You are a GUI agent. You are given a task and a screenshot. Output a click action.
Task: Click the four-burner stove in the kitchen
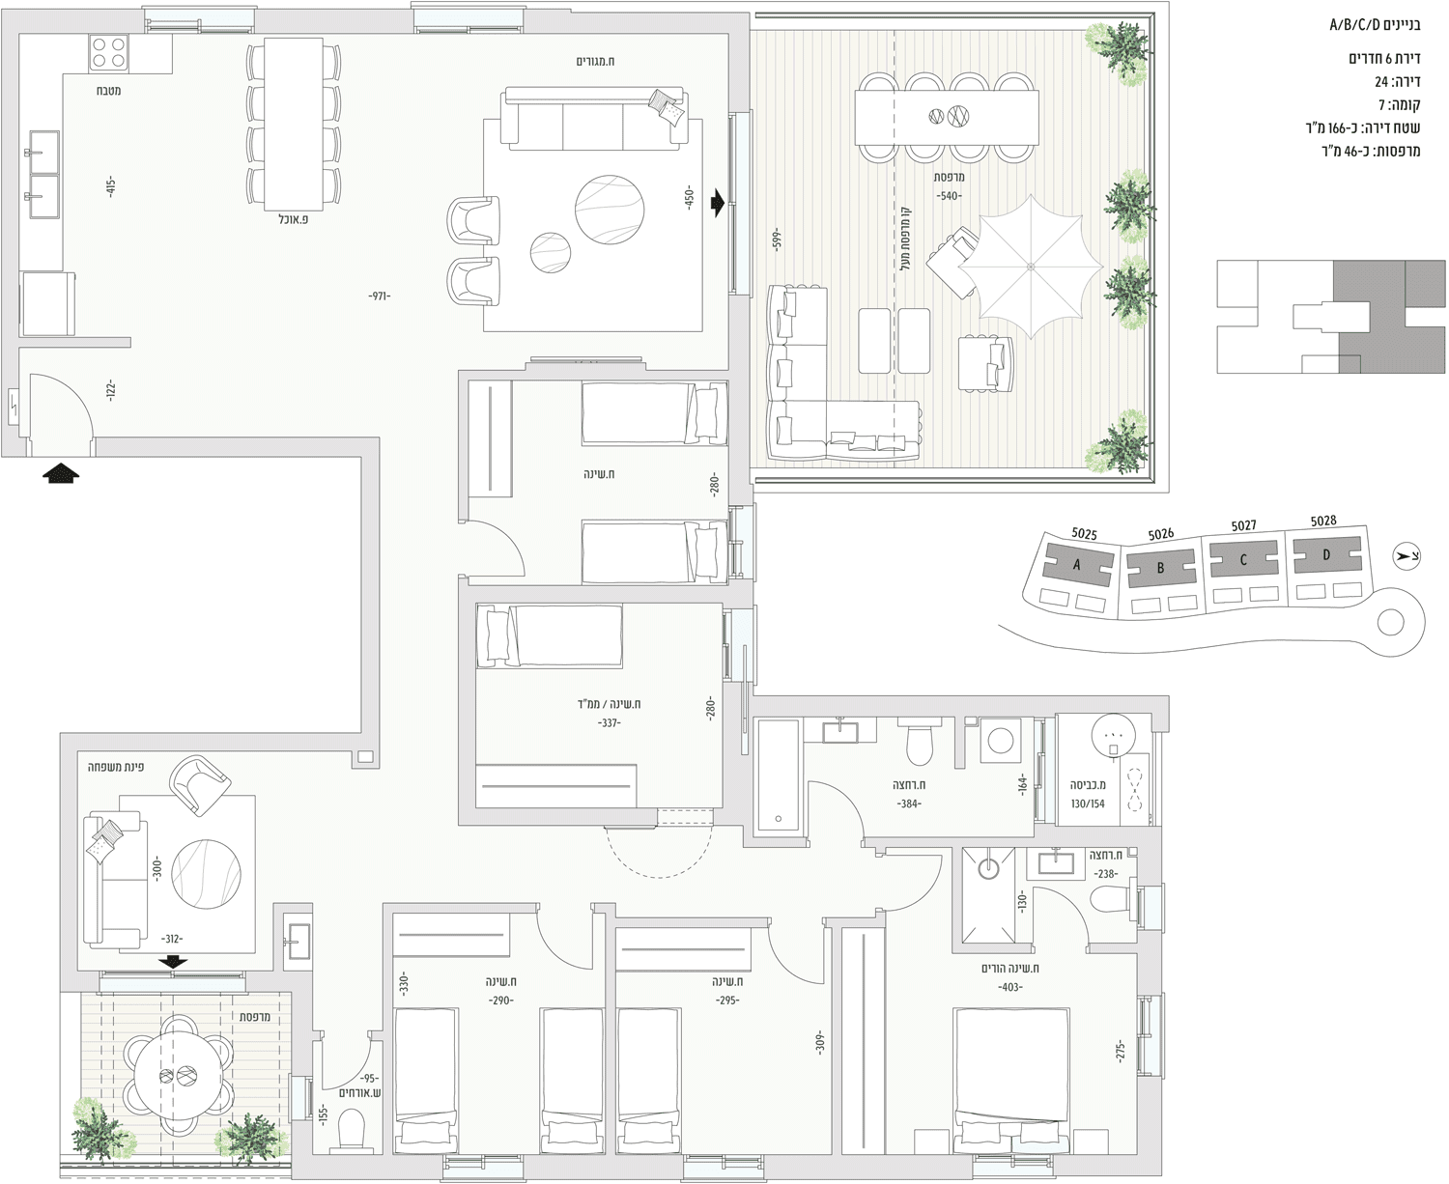click(108, 53)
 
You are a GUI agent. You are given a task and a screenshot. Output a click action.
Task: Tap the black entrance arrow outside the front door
click(61, 474)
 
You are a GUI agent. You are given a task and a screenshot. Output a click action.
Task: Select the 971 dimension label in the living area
click(380, 296)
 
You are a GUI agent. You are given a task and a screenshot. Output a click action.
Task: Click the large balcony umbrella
click(1029, 267)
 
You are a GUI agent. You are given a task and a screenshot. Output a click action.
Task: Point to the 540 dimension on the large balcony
click(949, 196)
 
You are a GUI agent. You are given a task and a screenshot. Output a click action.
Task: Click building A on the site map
click(1078, 565)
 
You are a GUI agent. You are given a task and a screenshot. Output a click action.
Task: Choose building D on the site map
click(1326, 555)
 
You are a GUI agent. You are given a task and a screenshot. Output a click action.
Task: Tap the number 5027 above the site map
click(1243, 525)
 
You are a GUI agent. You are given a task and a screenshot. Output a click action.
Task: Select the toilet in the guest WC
click(352, 1131)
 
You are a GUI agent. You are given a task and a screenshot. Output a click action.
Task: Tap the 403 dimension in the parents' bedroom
click(1010, 988)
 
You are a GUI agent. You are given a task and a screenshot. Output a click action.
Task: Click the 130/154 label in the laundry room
click(1088, 803)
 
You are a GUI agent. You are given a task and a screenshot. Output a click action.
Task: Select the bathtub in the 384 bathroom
click(779, 777)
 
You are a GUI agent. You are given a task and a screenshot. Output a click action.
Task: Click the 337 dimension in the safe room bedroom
click(608, 722)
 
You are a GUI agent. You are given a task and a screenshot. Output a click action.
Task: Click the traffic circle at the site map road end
click(1391, 624)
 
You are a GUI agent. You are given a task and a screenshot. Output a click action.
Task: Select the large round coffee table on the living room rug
click(610, 209)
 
